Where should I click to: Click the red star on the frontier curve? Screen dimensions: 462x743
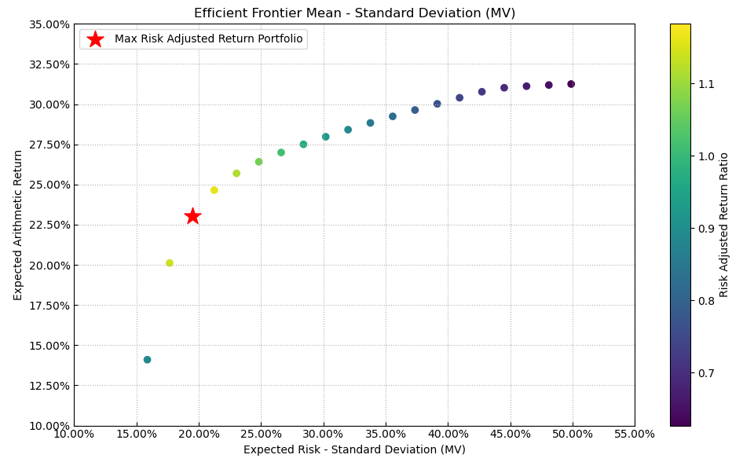point(192,216)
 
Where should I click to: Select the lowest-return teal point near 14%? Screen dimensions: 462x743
point(147,360)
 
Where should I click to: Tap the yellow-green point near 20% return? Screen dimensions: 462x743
point(170,263)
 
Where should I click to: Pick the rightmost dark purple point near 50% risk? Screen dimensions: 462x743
point(571,84)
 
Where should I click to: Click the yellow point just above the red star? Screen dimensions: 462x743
point(214,190)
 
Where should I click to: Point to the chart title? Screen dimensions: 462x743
point(354,13)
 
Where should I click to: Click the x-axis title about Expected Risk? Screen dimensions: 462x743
point(354,449)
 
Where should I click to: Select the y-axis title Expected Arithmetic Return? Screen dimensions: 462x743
point(18,225)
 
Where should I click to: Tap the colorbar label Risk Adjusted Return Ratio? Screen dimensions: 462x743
point(724,225)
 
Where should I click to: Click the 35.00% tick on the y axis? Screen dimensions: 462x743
point(49,24)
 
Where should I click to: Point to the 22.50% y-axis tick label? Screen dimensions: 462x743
point(49,225)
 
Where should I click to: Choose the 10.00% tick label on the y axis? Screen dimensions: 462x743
point(49,426)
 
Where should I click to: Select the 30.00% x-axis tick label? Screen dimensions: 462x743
point(323,434)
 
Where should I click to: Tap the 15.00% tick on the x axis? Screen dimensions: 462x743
point(136,434)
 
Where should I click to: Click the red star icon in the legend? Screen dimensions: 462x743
point(95,39)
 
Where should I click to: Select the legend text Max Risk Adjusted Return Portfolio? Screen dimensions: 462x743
point(208,39)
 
